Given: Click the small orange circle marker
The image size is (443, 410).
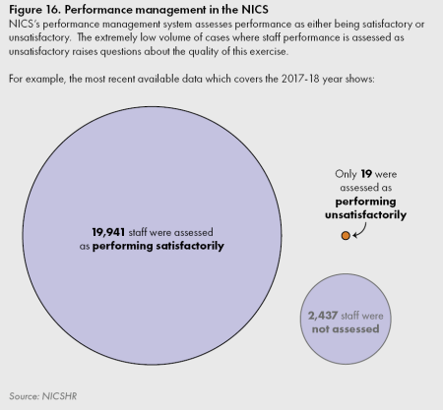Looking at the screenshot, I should pos(345,236).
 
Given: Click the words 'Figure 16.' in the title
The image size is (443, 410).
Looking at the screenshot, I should pos(34,9).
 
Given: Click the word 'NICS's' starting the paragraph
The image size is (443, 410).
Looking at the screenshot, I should pos(24,22).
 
